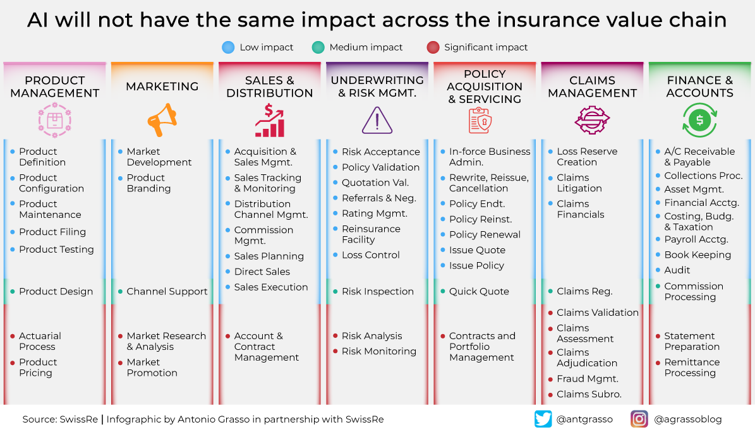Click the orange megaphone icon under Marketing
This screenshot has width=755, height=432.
pyautogui.click(x=162, y=120)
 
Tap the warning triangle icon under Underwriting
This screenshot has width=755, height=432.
pyautogui.click(x=377, y=120)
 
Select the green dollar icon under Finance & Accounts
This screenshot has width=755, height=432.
pyautogui.click(x=699, y=120)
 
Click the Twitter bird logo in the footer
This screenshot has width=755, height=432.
pyautogui.click(x=543, y=419)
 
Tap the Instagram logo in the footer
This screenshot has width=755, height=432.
pyautogui.click(x=639, y=419)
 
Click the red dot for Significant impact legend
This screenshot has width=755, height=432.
pyautogui.click(x=433, y=47)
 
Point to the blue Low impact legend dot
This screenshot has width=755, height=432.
pyautogui.click(x=228, y=47)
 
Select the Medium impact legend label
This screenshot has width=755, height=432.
pyautogui.click(x=366, y=47)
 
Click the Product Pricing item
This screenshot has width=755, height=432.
pyautogui.click(x=35, y=368)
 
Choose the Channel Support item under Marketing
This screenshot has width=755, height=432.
pyautogui.click(x=167, y=292)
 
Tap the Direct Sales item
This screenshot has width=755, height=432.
pyautogui.click(x=262, y=272)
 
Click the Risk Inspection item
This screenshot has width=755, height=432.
pyautogui.click(x=378, y=292)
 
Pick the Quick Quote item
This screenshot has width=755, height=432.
pyautogui.click(x=479, y=292)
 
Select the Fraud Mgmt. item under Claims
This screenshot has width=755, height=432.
pyautogui.click(x=588, y=379)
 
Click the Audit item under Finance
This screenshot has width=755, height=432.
pyautogui.click(x=677, y=270)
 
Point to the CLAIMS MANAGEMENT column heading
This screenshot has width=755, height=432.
pyautogui.click(x=592, y=87)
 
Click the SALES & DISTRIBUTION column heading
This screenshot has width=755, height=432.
pyautogui.click(x=270, y=87)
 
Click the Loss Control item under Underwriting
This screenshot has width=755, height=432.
pyautogui.click(x=371, y=255)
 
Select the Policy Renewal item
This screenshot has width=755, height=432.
pyautogui.click(x=485, y=235)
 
